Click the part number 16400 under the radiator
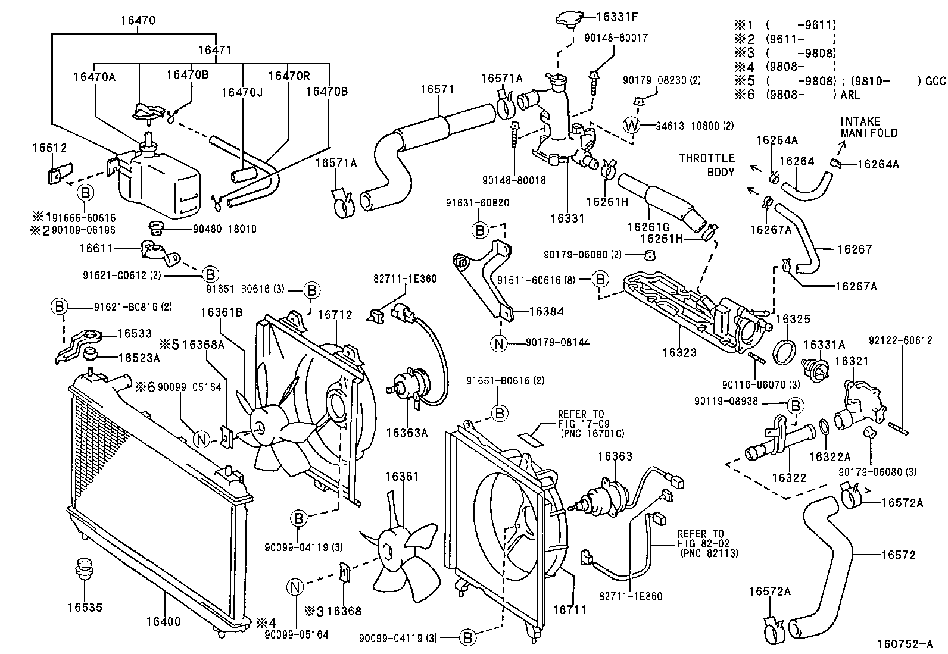coord(163,622)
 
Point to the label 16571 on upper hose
coord(437,89)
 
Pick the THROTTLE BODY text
coord(707,165)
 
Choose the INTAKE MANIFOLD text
coord(868,127)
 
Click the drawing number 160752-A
coord(905,644)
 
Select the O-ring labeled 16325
coord(784,352)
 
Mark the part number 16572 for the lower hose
coord(899,555)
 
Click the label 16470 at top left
coord(138,20)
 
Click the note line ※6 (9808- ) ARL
coord(798,94)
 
